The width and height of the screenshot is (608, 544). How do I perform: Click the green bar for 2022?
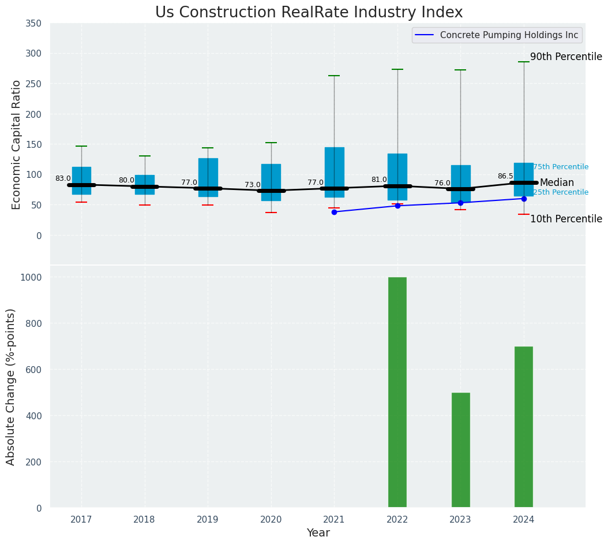click(x=397, y=392)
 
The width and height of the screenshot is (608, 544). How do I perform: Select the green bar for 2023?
click(x=460, y=450)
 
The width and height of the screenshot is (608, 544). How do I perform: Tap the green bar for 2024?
click(x=523, y=427)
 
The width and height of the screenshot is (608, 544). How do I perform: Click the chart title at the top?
click(x=309, y=13)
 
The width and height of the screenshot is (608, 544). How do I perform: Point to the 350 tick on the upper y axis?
click(x=33, y=23)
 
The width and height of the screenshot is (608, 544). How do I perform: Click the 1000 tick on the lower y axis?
click(x=31, y=277)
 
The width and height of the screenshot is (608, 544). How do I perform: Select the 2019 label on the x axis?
click(x=208, y=520)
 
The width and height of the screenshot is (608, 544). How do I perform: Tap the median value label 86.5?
click(x=505, y=176)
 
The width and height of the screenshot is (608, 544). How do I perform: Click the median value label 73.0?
click(x=253, y=185)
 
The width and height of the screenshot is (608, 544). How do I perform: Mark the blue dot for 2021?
click(x=334, y=212)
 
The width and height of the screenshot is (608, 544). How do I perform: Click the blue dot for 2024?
click(x=524, y=199)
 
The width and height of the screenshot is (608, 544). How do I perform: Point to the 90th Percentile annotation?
click(x=566, y=57)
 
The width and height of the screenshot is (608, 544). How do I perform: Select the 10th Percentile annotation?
click(x=566, y=219)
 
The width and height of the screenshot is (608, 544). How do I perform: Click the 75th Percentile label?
click(x=561, y=167)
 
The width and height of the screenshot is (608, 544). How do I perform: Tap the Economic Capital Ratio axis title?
click(x=17, y=144)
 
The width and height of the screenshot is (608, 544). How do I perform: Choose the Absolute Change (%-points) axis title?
click(x=11, y=386)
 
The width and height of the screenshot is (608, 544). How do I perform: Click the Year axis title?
click(x=318, y=533)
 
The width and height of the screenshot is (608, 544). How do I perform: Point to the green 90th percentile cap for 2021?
click(x=334, y=76)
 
